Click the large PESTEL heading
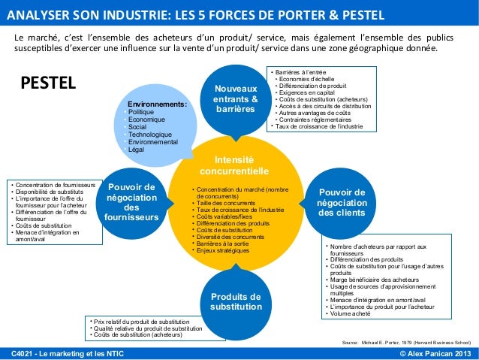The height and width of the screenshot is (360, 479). [48, 81]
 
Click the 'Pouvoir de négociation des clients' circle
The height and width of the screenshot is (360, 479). [341, 202]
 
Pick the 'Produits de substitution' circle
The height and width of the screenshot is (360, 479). [236, 301]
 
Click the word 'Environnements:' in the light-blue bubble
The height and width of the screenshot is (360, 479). [157, 106]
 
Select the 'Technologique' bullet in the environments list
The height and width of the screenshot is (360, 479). [150, 135]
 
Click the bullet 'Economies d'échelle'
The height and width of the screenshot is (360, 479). [307, 79]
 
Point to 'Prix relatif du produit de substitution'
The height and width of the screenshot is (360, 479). [142, 321]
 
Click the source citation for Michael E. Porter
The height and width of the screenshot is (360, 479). [405, 342]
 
